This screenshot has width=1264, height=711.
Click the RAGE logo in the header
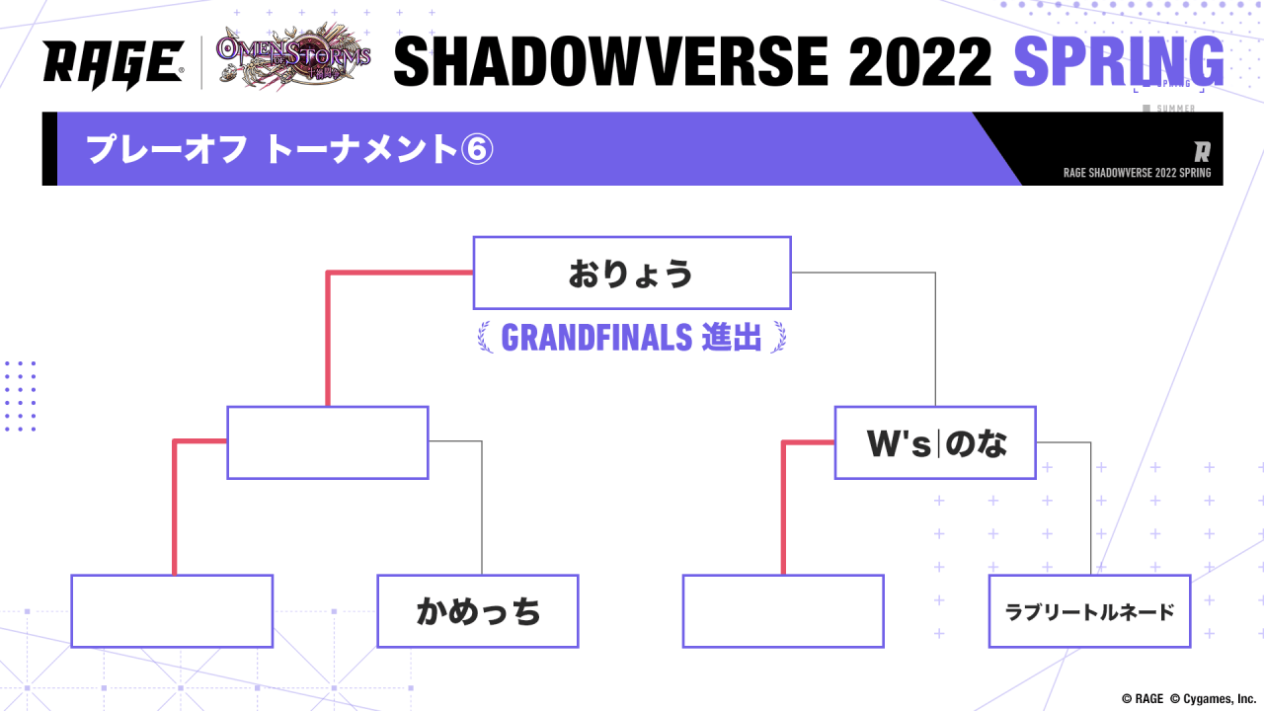114,65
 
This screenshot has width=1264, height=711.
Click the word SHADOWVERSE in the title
611,61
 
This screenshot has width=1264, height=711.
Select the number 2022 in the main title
920,61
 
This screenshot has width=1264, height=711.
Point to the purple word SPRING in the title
1119,61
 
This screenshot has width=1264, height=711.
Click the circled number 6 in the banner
477,149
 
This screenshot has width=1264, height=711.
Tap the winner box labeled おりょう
632,274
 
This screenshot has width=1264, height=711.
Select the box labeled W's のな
935,443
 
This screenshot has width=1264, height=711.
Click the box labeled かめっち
478,611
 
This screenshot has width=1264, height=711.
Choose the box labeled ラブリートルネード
1089,611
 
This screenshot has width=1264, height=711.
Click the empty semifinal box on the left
328,443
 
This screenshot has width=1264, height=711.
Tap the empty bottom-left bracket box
172,611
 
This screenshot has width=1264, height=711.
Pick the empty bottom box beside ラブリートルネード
783,611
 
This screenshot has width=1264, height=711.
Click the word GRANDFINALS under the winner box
596,338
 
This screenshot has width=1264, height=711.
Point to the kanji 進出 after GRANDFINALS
732,338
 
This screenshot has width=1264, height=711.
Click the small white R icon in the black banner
1202,152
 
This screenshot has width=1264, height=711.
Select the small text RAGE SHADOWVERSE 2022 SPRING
1137,173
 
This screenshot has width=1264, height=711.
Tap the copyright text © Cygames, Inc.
1213,698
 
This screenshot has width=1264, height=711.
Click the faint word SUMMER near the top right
1175,108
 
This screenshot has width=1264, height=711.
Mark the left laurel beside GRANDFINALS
485,338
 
